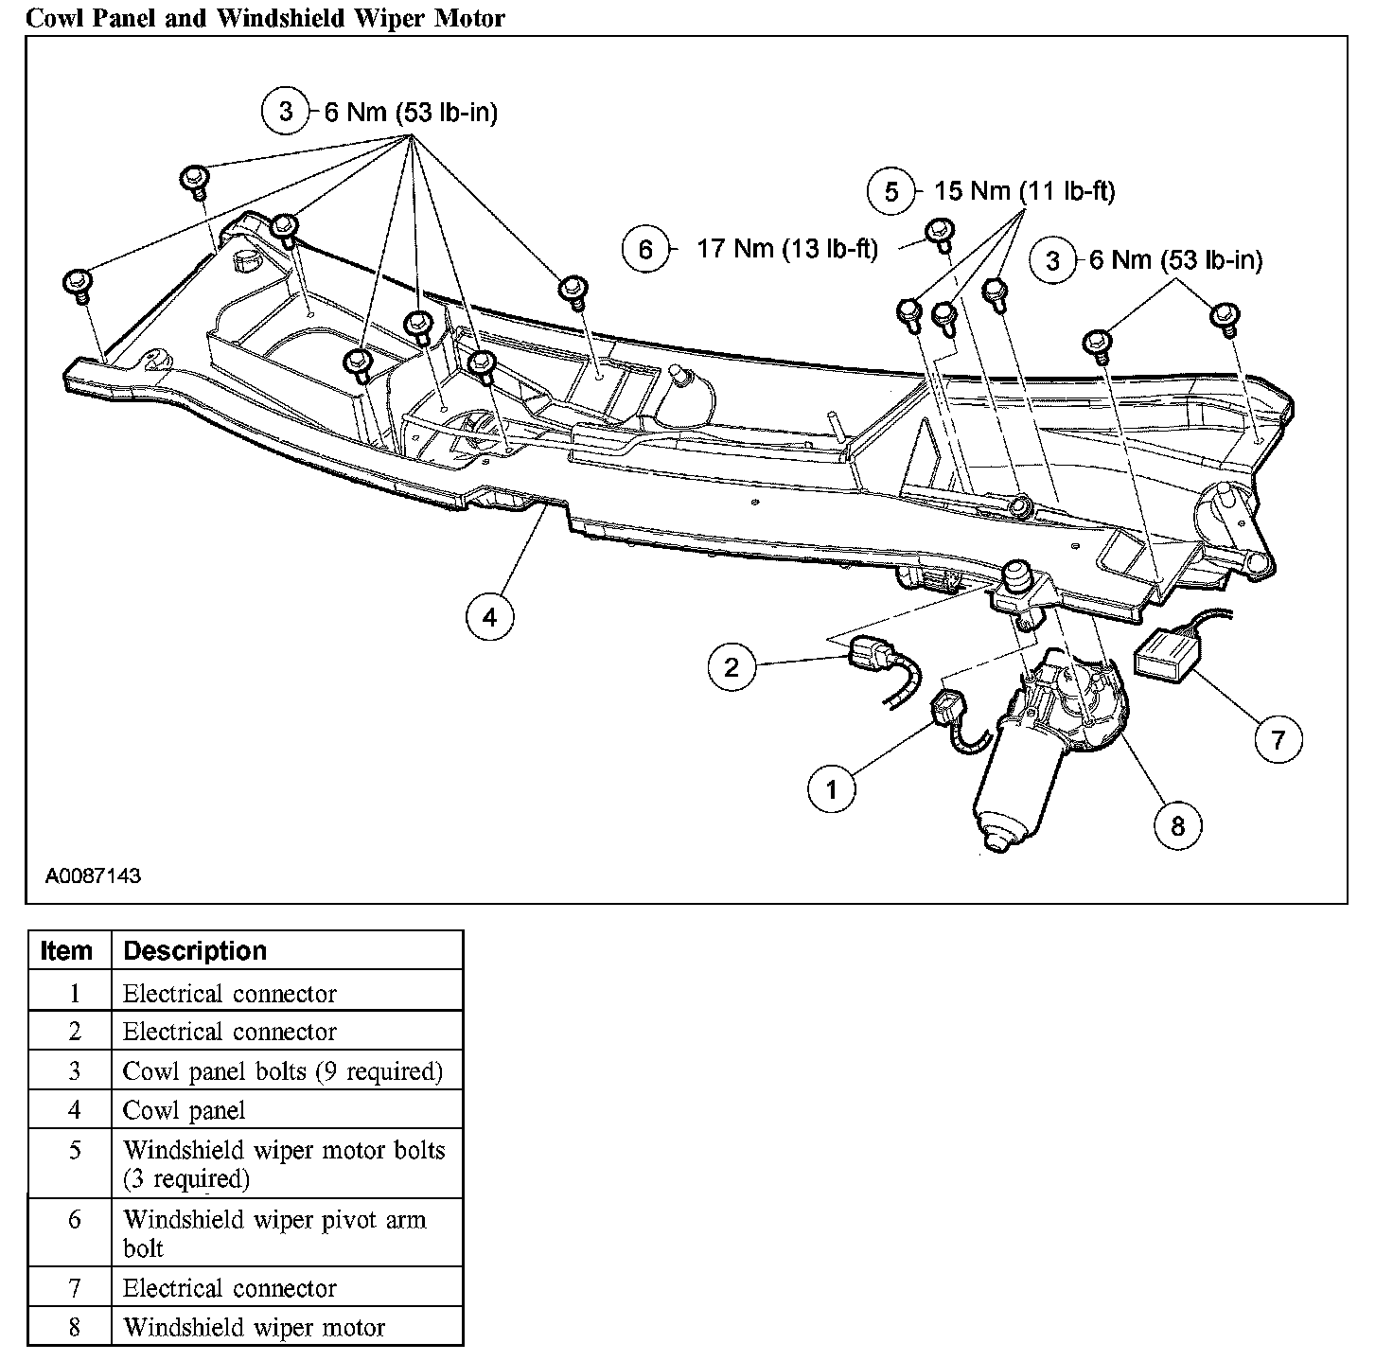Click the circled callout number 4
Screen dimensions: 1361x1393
tap(489, 618)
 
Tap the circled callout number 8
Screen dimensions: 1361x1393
tap(1177, 825)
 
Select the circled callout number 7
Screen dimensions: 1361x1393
tap(1278, 738)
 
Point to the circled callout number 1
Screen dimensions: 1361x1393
tap(832, 788)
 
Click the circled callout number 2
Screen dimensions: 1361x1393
tap(732, 667)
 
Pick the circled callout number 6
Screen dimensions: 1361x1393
tap(645, 250)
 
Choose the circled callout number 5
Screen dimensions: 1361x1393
tap(891, 192)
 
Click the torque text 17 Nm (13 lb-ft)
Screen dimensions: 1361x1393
tap(787, 249)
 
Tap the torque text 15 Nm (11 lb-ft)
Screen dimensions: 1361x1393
tap(1024, 191)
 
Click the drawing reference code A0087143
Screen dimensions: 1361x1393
tap(93, 875)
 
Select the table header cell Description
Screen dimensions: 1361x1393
tap(195, 950)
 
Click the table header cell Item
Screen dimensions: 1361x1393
tap(67, 950)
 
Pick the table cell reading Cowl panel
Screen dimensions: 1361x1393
tap(184, 1110)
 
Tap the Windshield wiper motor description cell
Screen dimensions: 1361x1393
tap(254, 1328)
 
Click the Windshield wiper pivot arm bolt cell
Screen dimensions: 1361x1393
tap(274, 1233)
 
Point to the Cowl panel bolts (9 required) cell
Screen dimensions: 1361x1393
tap(282, 1071)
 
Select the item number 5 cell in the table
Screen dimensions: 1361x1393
tap(75, 1151)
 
